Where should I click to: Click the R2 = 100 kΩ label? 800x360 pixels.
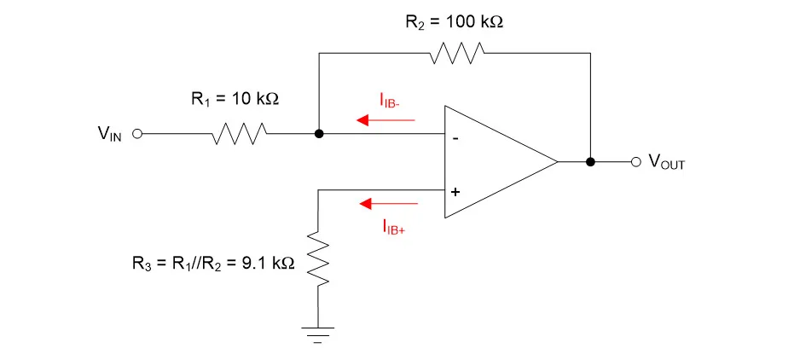(454, 21)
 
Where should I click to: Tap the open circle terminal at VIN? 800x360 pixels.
(136, 134)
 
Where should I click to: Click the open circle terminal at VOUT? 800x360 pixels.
(635, 161)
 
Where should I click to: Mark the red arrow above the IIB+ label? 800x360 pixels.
(389, 204)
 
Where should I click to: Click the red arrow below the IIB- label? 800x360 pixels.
(386, 120)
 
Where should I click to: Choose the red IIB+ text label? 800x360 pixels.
(393, 227)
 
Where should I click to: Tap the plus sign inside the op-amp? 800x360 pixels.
(455, 192)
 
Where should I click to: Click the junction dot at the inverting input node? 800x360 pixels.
(318, 134)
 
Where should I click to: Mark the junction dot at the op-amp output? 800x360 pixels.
(589, 161)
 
